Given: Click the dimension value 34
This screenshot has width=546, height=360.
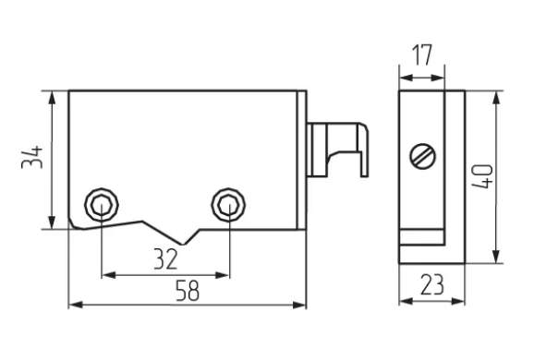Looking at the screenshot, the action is click(x=31, y=158).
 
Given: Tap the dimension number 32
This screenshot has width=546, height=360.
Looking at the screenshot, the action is click(x=165, y=259).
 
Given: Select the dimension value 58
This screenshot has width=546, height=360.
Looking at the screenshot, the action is click(x=188, y=291).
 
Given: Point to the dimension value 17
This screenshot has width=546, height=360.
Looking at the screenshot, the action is click(x=421, y=55).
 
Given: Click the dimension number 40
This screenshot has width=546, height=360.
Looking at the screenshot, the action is click(x=483, y=176).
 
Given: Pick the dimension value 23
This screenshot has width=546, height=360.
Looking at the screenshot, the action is click(x=432, y=284).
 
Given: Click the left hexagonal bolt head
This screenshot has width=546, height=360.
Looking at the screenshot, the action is click(x=102, y=205).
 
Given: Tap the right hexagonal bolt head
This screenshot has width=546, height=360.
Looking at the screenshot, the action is click(x=228, y=205).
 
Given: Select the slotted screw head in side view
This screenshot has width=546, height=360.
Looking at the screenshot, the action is click(x=423, y=156).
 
